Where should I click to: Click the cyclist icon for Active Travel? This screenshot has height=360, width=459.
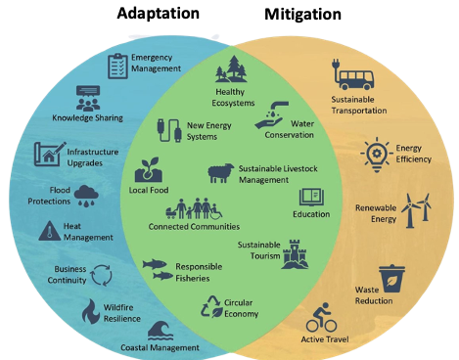(x=320, y=318)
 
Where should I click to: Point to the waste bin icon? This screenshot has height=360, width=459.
(x=391, y=279)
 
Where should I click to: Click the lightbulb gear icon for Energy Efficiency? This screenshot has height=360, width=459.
(x=375, y=155)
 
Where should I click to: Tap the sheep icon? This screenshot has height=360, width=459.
(x=221, y=173)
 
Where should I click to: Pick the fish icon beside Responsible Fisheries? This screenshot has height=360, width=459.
(x=156, y=265)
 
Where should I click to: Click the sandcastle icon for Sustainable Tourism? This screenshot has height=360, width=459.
(x=296, y=255)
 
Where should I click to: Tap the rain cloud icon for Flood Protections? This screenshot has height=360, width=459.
(x=86, y=196)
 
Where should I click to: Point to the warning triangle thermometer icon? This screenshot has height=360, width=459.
(x=48, y=232)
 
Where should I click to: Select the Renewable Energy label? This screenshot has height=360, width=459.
(x=376, y=214)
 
